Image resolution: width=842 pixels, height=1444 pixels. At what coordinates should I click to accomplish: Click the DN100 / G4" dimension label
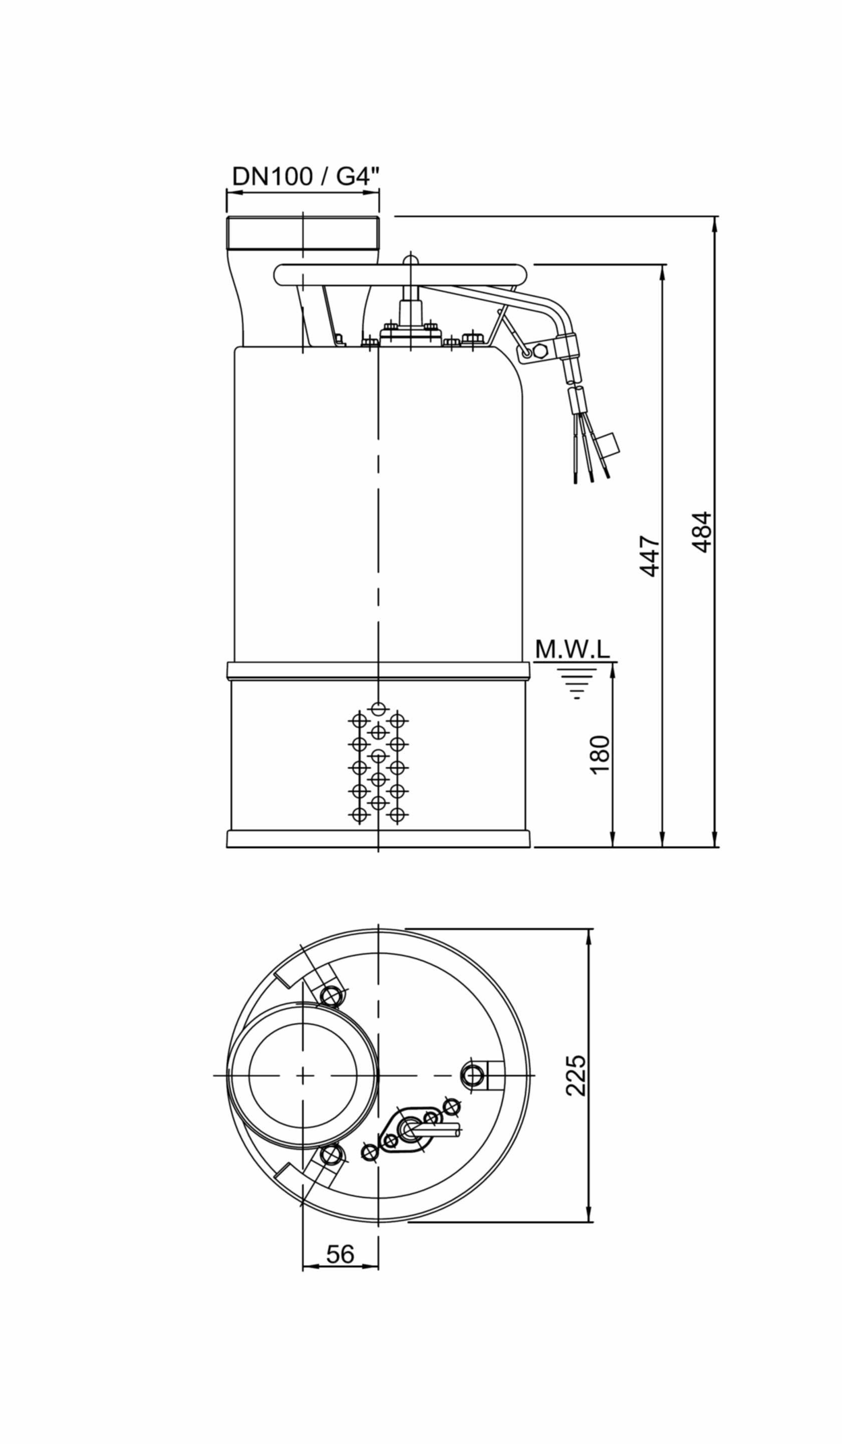pos(306,176)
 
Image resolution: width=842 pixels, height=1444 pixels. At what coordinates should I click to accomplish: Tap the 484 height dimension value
pos(702,532)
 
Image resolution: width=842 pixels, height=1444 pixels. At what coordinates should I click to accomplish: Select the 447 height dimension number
pos(650,556)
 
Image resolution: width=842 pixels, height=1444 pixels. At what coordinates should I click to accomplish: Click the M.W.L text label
pos(572,650)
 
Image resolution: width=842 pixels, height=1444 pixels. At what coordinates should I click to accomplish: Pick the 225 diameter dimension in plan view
pos(576,1075)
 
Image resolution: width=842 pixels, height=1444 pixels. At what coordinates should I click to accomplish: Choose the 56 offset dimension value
pos(340,1254)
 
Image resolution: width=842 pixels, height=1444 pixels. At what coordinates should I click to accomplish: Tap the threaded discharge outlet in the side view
pos(303,232)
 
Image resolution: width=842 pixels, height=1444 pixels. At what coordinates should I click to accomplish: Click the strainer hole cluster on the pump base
pos(378,762)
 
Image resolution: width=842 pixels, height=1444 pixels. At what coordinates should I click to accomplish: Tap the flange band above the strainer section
pos(378,671)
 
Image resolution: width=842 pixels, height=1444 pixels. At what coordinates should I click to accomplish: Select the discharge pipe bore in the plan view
pos(303,1075)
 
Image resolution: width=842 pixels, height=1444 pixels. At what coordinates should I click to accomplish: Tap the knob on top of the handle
pos(409,260)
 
